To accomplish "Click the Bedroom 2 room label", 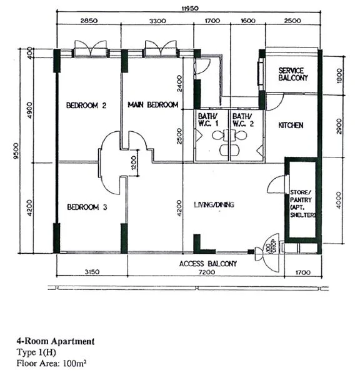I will pos(86,106).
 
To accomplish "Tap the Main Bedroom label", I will pos(153,105).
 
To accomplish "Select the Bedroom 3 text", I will pos(86,207).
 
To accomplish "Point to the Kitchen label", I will pos(291,126).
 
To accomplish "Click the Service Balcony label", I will pos(293,74).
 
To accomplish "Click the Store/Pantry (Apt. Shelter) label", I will pos(301,203).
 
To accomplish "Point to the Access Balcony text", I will pos(208,264).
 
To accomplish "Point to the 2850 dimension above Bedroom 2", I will pos(89,21).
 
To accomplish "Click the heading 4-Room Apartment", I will pos(56,341).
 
